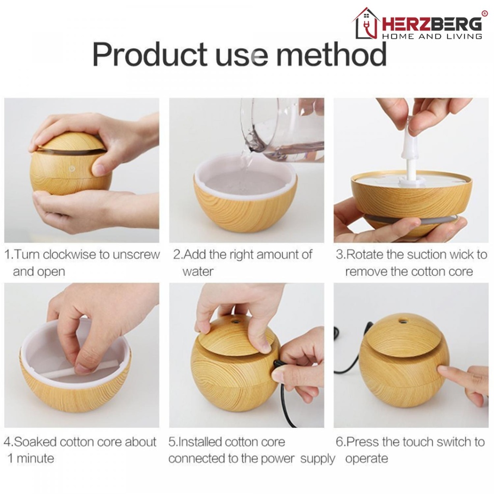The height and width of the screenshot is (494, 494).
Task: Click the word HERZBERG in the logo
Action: [432, 24]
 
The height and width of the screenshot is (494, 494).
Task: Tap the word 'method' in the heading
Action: [331, 54]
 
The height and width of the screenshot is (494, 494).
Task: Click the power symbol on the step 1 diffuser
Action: [72, 169]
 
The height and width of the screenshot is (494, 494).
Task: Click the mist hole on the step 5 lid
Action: [235, 322]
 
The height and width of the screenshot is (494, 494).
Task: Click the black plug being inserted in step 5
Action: [278, 365]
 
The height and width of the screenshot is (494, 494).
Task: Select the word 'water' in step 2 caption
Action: [198, 272]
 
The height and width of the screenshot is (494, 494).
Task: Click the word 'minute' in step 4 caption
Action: [35, 458]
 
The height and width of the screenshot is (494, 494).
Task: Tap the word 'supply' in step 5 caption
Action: [317, 459]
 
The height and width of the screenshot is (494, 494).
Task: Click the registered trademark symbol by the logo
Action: [484, 13]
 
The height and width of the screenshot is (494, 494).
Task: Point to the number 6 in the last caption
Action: [339, 442]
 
